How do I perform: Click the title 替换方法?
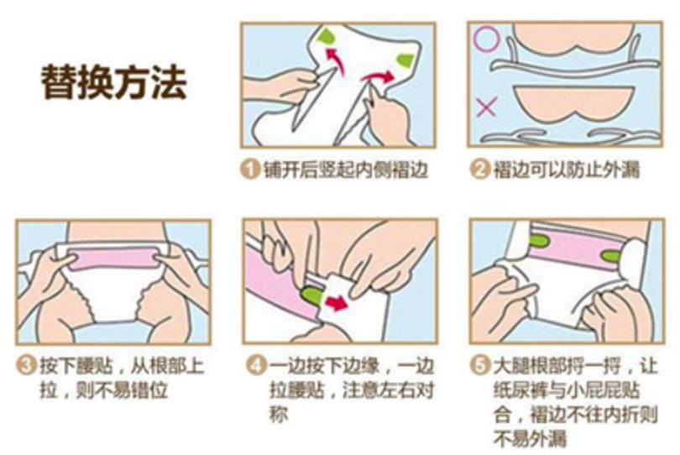pyautogui.click(x=113, y=82)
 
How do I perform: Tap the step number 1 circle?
pyautogui.click(x=249, y=170)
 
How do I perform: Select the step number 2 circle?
pyautogui.click(x=479, y=170)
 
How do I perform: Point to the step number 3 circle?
pyautogui.click(x=26, y=367)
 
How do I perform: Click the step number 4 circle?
pyautogui.click(x=254, y=367)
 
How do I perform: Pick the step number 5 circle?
pyautogui.click(x=480, y=367)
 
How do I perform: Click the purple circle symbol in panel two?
pyautogui.click(x=486, y=39)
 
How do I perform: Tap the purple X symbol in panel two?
pyautogui.click(x=485, y=107)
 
